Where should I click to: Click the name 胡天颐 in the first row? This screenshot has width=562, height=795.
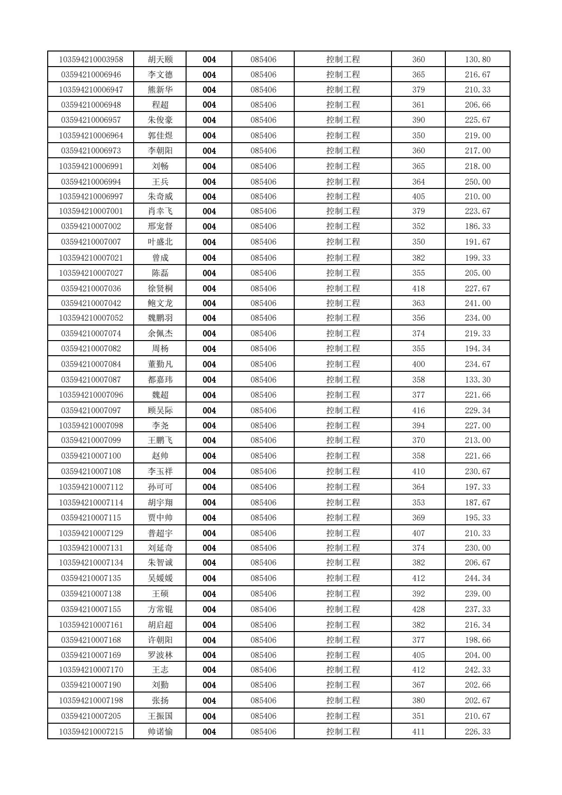pyautogui.click(x=160, y=60)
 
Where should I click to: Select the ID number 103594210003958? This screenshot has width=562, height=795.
pyautogui.click(x=91, y=60)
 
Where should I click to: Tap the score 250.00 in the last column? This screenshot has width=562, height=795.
pyautogui.click(x=477, y=182)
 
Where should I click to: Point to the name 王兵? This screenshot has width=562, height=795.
pyautogui.click(x=160, y=182)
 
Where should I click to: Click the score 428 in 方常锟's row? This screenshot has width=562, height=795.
pyautogui.click(x=418, y=609)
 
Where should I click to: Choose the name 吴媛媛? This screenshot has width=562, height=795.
pyautogui.click(x=160, y=578)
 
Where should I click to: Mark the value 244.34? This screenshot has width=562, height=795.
pyautogui.click(x=477, y=578)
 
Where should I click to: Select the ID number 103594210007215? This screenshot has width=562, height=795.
pyautogui.click(x=91, y=732)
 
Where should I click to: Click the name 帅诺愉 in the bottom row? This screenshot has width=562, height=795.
pyautogui.click(x=160, y=732)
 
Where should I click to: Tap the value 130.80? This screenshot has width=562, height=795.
pyautogui.click(x=477, y=60)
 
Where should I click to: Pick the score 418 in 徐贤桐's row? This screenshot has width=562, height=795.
pyautogui.click(x=418, y=289)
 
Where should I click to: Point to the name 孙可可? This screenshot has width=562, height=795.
pyautogui.click(x=160, y=487)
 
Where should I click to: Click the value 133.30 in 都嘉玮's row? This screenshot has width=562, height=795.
pyautogui.click(x=477, y=380)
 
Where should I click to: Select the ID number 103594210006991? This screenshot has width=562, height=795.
pyautogui.click(x=91, y=166)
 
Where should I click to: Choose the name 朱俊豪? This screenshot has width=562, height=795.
pyautogui.click(x=160, y=120)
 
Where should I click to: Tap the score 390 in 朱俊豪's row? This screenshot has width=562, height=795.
pyautogui.click(x=418, y=120)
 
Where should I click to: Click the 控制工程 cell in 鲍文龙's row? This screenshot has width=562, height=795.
pyautogui.click(x=343, y=303)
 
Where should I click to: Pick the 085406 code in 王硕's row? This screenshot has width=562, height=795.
pyautogui.click(x=263, y=594)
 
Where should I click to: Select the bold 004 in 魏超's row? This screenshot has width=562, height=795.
pyautogui.click(x=209, y=395)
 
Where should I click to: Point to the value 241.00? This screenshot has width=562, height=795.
pyautogui.click(x=477, y=303)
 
